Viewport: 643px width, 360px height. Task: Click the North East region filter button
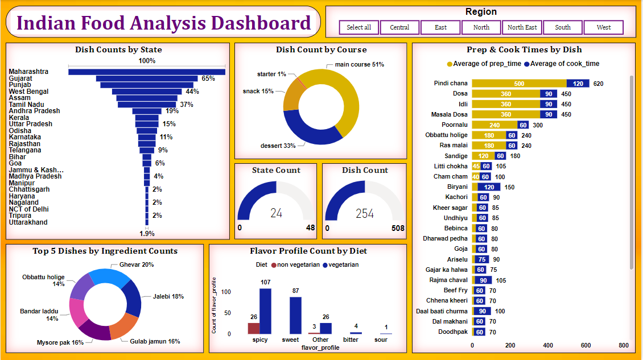coord(522,27)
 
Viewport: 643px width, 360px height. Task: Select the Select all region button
coord(358,27)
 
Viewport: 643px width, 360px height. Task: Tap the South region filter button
coord(563,27)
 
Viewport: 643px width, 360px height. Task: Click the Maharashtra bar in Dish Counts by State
coord(146,72)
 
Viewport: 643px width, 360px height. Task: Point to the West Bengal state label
coord(28,92)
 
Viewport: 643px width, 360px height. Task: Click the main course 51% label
coord(358,64)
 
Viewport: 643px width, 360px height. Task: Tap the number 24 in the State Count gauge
coord(276,213)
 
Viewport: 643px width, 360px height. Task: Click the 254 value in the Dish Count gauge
coord(364,213)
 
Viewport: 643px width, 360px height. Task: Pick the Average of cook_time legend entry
coord(562,64)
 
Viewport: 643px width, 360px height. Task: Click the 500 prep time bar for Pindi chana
coord(519,84)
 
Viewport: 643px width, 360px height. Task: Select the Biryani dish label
coord(457,187)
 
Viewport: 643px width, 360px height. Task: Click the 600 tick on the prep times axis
coord(586,345)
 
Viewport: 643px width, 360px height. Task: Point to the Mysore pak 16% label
coord(60,342)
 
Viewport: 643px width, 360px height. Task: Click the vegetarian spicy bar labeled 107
coord(265,311)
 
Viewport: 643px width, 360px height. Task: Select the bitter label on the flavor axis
coord(351,340)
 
